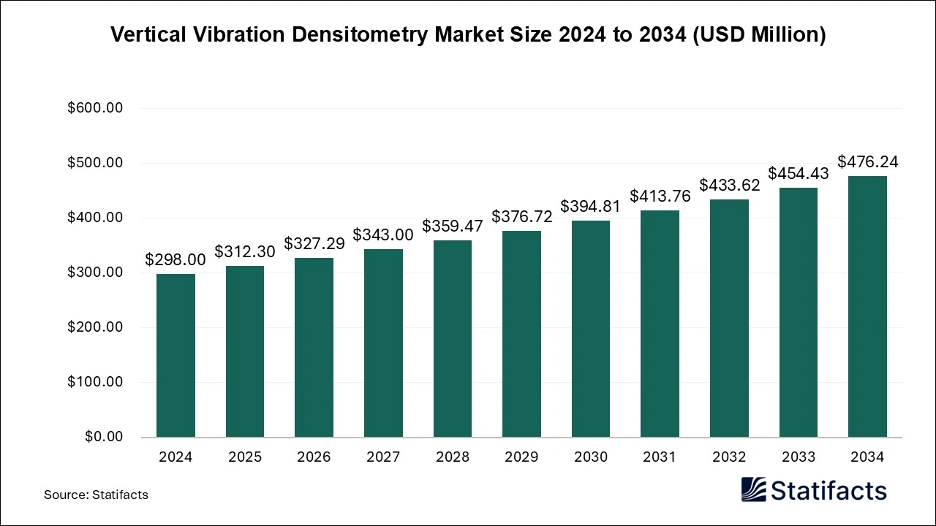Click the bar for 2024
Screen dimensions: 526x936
coord(175,355)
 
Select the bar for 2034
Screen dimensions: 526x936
coord(867,306)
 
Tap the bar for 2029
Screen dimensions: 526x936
coord(521,334)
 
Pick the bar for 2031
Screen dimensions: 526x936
coord(660,324)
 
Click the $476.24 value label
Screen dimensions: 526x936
coord(867,161)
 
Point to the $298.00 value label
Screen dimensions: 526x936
coord(175,259)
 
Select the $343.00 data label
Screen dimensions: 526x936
coord(383,235)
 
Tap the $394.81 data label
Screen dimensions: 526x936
coord(590,206)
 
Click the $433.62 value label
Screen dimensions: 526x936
coord(729,185)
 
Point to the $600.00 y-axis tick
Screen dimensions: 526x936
coord(94,108)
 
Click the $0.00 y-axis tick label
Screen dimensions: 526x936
coord(103,437)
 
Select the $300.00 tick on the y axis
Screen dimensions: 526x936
coord(94,272)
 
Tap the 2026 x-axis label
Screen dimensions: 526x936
coord(314,457)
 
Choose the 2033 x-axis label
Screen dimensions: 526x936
coord(798,457)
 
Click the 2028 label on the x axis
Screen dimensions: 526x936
coord(452,457)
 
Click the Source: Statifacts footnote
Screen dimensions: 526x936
coord(96,495)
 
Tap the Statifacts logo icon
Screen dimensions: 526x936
coord(753,489)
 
